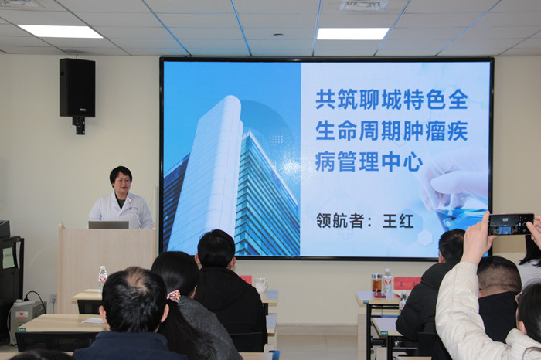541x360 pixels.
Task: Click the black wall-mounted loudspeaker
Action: click(77, 87)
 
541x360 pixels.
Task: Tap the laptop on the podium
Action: click(108, 225)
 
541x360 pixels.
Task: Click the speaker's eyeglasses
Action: click(122, 181)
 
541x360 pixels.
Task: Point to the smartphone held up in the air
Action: click(511, 224)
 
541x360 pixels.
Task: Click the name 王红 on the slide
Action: click(398, 222)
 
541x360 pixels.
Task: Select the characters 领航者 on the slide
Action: click(339, 221)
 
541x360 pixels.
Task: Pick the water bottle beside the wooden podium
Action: click(103, 278)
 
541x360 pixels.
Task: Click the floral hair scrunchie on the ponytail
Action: click(174, 296)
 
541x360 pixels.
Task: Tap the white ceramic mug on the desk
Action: click(261, 285)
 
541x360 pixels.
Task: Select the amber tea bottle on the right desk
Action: click(377, 283)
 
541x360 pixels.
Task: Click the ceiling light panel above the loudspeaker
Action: click(60, 31)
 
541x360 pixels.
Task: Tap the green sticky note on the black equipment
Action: click(9, 257)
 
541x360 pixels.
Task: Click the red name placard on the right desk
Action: click(407, 283)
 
